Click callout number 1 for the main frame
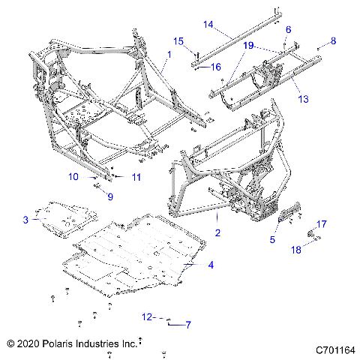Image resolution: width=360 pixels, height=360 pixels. pos(169,55)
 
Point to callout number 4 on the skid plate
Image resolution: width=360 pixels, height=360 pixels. pos(211,265)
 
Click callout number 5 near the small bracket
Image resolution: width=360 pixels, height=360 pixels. pos(274,240)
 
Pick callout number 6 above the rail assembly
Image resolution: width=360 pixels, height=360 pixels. pos(288,28)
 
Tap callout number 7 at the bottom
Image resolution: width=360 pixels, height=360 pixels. pos(188,324)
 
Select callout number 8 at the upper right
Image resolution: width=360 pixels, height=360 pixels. pos(334,40)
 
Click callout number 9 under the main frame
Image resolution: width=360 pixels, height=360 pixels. pos(109,197)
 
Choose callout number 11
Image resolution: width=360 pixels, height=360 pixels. pos(136,177)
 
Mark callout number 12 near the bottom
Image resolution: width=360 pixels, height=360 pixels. pos(148,317)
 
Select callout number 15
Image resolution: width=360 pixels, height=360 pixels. pos(178,40)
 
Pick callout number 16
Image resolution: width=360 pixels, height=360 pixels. pos(215,67)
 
